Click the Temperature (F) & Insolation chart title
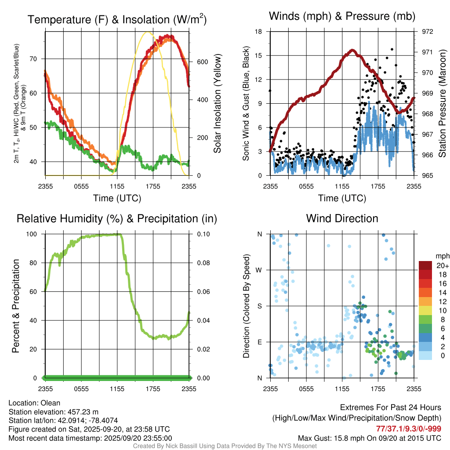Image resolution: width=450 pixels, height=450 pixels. [x=117, y=20]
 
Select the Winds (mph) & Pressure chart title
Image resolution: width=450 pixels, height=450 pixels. [x=342, y=17]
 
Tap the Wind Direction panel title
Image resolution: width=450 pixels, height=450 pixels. [x=342, y=218]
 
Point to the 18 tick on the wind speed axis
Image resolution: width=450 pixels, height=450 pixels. [x=259, y=32]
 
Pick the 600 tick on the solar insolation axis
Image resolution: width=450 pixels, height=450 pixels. [x=202, y=62]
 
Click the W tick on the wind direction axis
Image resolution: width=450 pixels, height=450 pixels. [x=259, y=270]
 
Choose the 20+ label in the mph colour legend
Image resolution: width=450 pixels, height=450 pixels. [x=442, y=266]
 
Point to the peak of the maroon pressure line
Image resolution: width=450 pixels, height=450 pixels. [x=352, y=51]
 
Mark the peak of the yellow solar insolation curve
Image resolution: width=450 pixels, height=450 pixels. [x=148, y=32]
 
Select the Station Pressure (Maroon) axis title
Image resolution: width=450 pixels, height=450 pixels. [x=443, y=104]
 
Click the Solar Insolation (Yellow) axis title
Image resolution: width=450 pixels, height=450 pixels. [x=217, y=104]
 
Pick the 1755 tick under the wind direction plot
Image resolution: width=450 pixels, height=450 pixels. [x=378, y=389]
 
